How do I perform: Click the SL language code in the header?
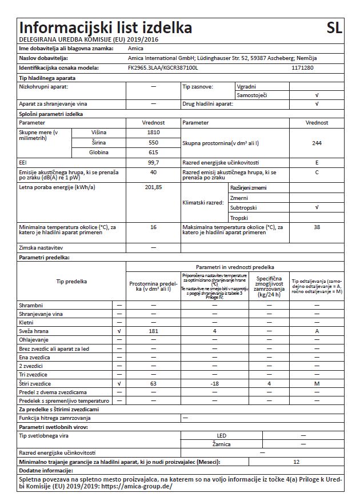[x=335, y=28]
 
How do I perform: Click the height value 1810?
[x=154, y=132]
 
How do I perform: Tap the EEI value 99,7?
[x=154, y=162]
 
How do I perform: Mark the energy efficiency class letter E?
[x=316, y=162]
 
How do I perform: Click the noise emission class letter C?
[x=316, y=172]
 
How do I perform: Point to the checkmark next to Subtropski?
[x=316, y=208]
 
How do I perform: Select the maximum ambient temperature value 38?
[x=316, y=227]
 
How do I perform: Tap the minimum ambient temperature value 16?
[x=154, y=227]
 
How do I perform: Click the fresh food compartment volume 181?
[x=154, y=331]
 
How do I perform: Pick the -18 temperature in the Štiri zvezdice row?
[x=214, y=383]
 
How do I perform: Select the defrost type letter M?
[x=316, y=383]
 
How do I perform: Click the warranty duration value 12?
[x=295, y=461]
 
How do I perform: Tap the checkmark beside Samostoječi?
[x=316, y=95]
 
